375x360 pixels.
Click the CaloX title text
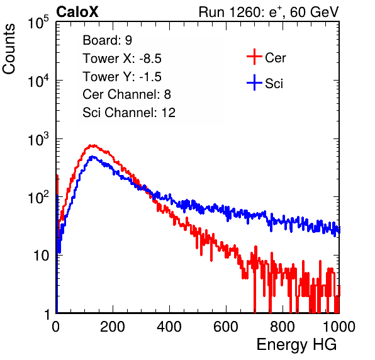[x=77, y=12]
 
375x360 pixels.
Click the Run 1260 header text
[x=269, y=12]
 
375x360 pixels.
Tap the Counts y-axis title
[x=9, y=49]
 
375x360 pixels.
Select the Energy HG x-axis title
[x=296, y=345]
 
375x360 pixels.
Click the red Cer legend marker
[x=254, y=57]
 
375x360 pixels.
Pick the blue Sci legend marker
[x=254, y=83]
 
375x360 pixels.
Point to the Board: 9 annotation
[x=108, y=40]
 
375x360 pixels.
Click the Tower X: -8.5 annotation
[x=122, y=59]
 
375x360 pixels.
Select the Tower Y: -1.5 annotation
[x=122, y=77]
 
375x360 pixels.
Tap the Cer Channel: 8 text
[x=126, y=94]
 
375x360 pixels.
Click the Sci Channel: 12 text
[x=129, y=113]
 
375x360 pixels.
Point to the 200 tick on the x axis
[x=113, y=327]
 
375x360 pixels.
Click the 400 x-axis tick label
[x=169, y=327]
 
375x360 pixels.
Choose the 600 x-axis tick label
[x=226, y=327]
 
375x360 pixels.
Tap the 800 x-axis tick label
[x=283, y=327]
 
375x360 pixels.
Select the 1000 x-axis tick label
[x=339, y=327]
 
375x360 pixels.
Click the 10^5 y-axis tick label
[x=38, y=22]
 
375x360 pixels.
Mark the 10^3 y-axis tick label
[x=38, y=138]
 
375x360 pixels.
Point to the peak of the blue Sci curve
[x=92, y=157]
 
